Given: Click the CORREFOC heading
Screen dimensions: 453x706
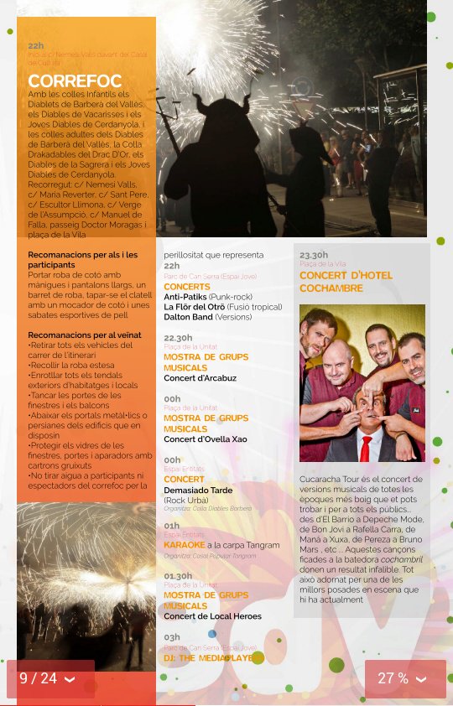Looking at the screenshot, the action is click(x=75, y=81).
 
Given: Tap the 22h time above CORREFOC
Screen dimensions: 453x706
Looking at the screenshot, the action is click(x=36, y=46).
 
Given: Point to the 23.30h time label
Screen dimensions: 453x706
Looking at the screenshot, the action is click(x=314, y=254).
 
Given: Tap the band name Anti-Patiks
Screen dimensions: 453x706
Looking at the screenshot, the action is click(x=185, y=297).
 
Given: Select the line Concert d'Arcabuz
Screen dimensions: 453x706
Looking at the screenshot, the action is click(x=200, y=378).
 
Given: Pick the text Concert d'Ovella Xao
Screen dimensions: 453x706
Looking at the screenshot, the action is click(x=205, y=439).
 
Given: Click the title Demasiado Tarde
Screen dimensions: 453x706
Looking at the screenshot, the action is click(x=199, y=490).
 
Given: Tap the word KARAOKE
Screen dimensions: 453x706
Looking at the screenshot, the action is click(x=184, y=545).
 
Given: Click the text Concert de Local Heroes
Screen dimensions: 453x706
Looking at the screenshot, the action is click(x=212, y=616).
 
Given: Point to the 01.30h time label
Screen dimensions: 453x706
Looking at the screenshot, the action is click(x=178, y=576).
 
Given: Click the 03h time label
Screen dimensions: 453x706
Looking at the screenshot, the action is click(x=172, y=637).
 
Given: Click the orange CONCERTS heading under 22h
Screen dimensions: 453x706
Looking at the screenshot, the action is click(x=187, y=287).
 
